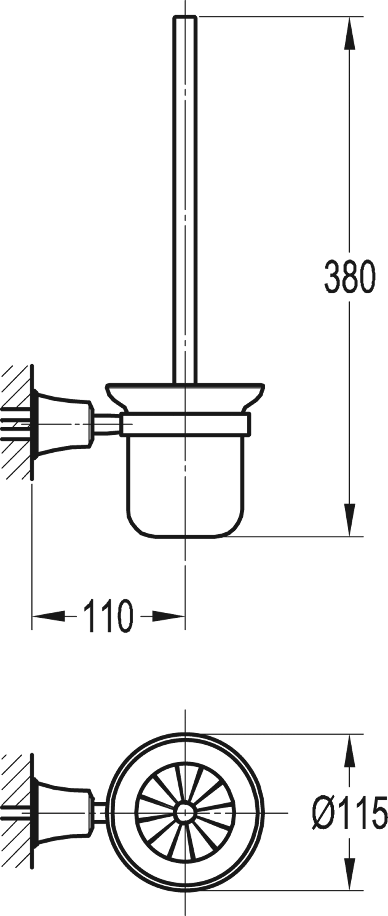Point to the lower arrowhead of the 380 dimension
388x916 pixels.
coord(350,520)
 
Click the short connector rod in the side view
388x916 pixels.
coord(107,424)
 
